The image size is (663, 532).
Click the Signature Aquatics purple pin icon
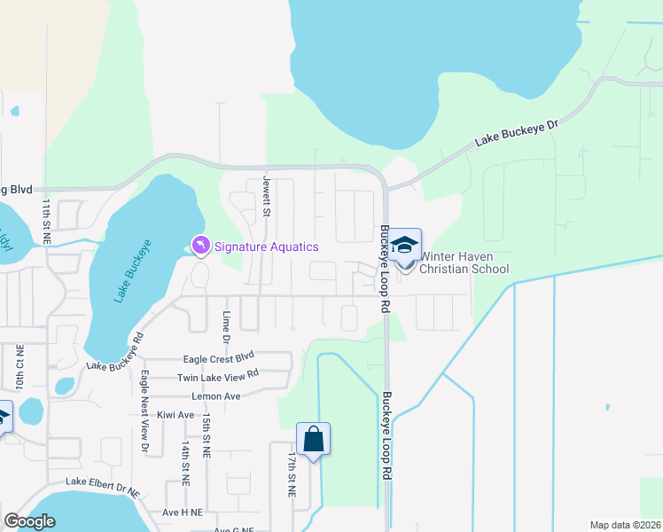[201, 245]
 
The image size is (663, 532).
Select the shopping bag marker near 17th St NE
[313, 439]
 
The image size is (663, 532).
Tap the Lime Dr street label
[227, 327]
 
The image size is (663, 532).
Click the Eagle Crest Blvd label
[218, 357]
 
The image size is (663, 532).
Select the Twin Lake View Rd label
[217, 376]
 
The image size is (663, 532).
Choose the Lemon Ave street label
[221, 396]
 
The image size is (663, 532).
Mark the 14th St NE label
[185, 462]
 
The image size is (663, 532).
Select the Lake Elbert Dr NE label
[103, 486]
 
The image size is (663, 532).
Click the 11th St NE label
[46, 221]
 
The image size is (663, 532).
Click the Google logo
[29, 521]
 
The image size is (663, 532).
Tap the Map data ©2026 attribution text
[624, 525]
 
